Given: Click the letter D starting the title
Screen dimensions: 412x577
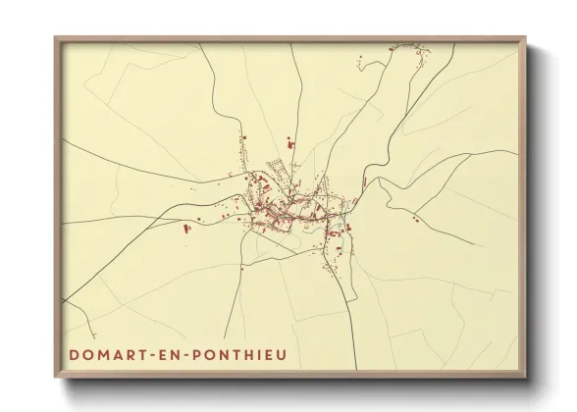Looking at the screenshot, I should click(x=76, y=349).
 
